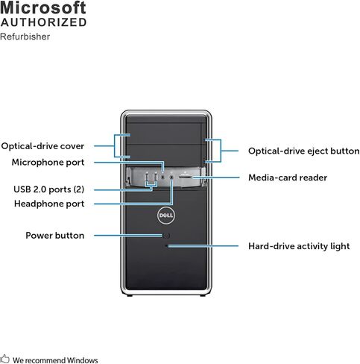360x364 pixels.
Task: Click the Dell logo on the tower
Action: (166, 215)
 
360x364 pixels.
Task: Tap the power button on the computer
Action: (166, 236)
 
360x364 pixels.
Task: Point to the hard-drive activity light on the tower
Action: (166, 246)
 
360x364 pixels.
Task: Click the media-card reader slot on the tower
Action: (186, 177)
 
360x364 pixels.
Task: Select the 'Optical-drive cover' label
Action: (42, 146)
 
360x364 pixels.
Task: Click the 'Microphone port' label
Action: (48, 163)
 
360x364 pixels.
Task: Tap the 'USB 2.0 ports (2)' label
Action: (49, 189)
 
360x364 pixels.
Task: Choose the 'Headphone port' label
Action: (49, 204)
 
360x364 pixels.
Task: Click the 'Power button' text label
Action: (55, 236)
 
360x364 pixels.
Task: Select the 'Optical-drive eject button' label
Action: (304, 151)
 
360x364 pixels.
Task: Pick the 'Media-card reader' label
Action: (288, 178)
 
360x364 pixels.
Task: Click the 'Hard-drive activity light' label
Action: (299, 246)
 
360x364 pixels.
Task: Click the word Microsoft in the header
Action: (43, 7)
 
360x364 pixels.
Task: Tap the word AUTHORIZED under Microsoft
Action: (43, 22)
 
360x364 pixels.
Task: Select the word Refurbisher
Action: (25, 37)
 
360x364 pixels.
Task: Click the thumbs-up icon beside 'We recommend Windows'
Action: (5, 359)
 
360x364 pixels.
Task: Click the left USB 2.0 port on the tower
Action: (147, 177)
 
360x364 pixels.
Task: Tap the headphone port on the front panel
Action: (171, 177)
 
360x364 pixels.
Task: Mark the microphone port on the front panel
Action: (163, 177)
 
